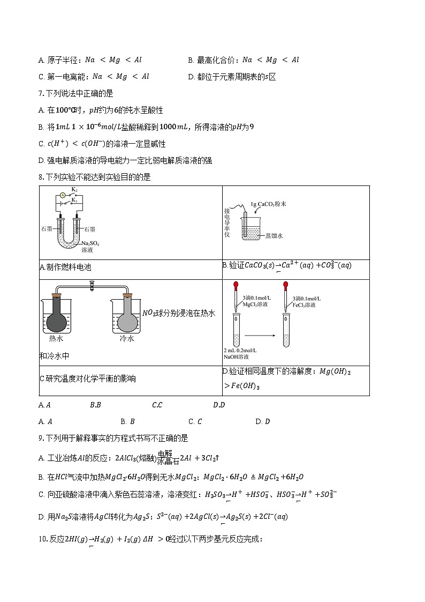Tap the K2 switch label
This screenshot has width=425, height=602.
coord(74,190)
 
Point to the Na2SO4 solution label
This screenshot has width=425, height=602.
coord(87,247)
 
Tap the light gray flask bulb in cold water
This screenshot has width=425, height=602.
coord(127,321)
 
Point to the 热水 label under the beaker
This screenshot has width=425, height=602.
coord(56,339)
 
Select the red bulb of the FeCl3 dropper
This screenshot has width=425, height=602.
coord(287,285)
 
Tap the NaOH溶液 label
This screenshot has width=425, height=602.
coord(236,356)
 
